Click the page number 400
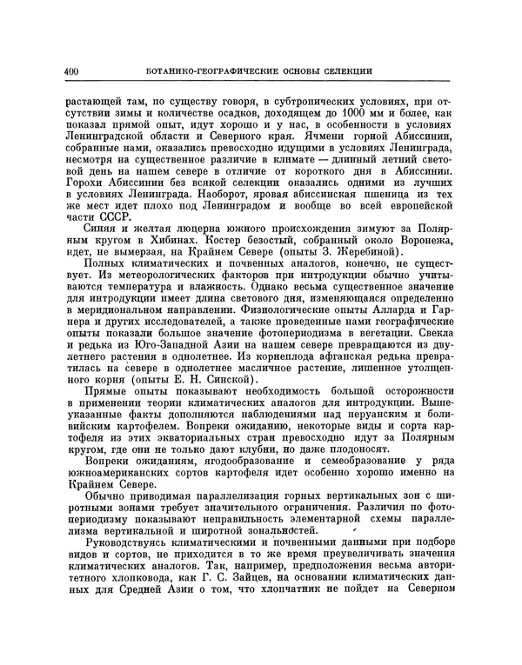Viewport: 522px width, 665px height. click(x=71, y=70)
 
